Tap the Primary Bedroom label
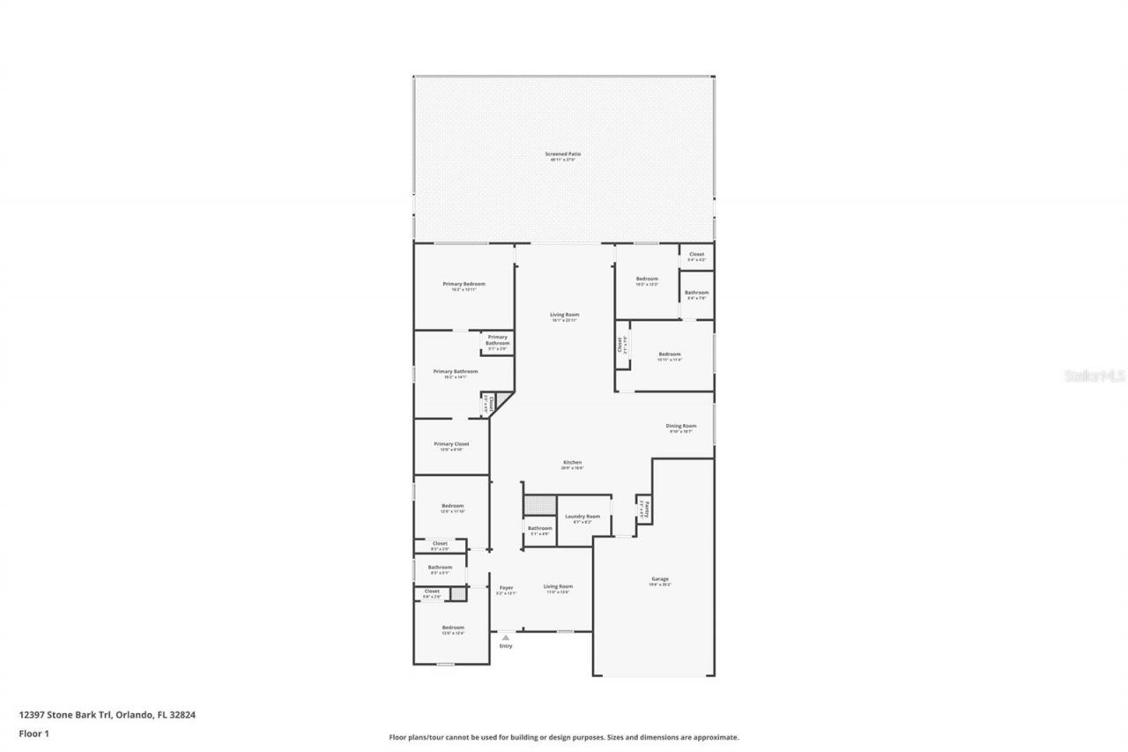coord(464,285)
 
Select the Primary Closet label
coord(451,444)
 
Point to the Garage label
coord(660,579)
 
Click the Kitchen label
coord(573,463)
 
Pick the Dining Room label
coord(681,427)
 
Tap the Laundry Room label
coord(583,517)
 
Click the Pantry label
coord(646,509)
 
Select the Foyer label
coord(506,588)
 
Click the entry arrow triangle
coord(505,637)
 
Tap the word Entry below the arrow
coord(506,646)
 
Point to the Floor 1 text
coord(33,733)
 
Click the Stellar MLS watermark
coord(1095,376)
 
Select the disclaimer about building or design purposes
coord(564,737)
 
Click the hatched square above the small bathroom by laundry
coord(539,505)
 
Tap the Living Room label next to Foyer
coord(557,586)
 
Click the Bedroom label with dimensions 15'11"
coord(670,354)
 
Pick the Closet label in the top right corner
coord(696,255)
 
